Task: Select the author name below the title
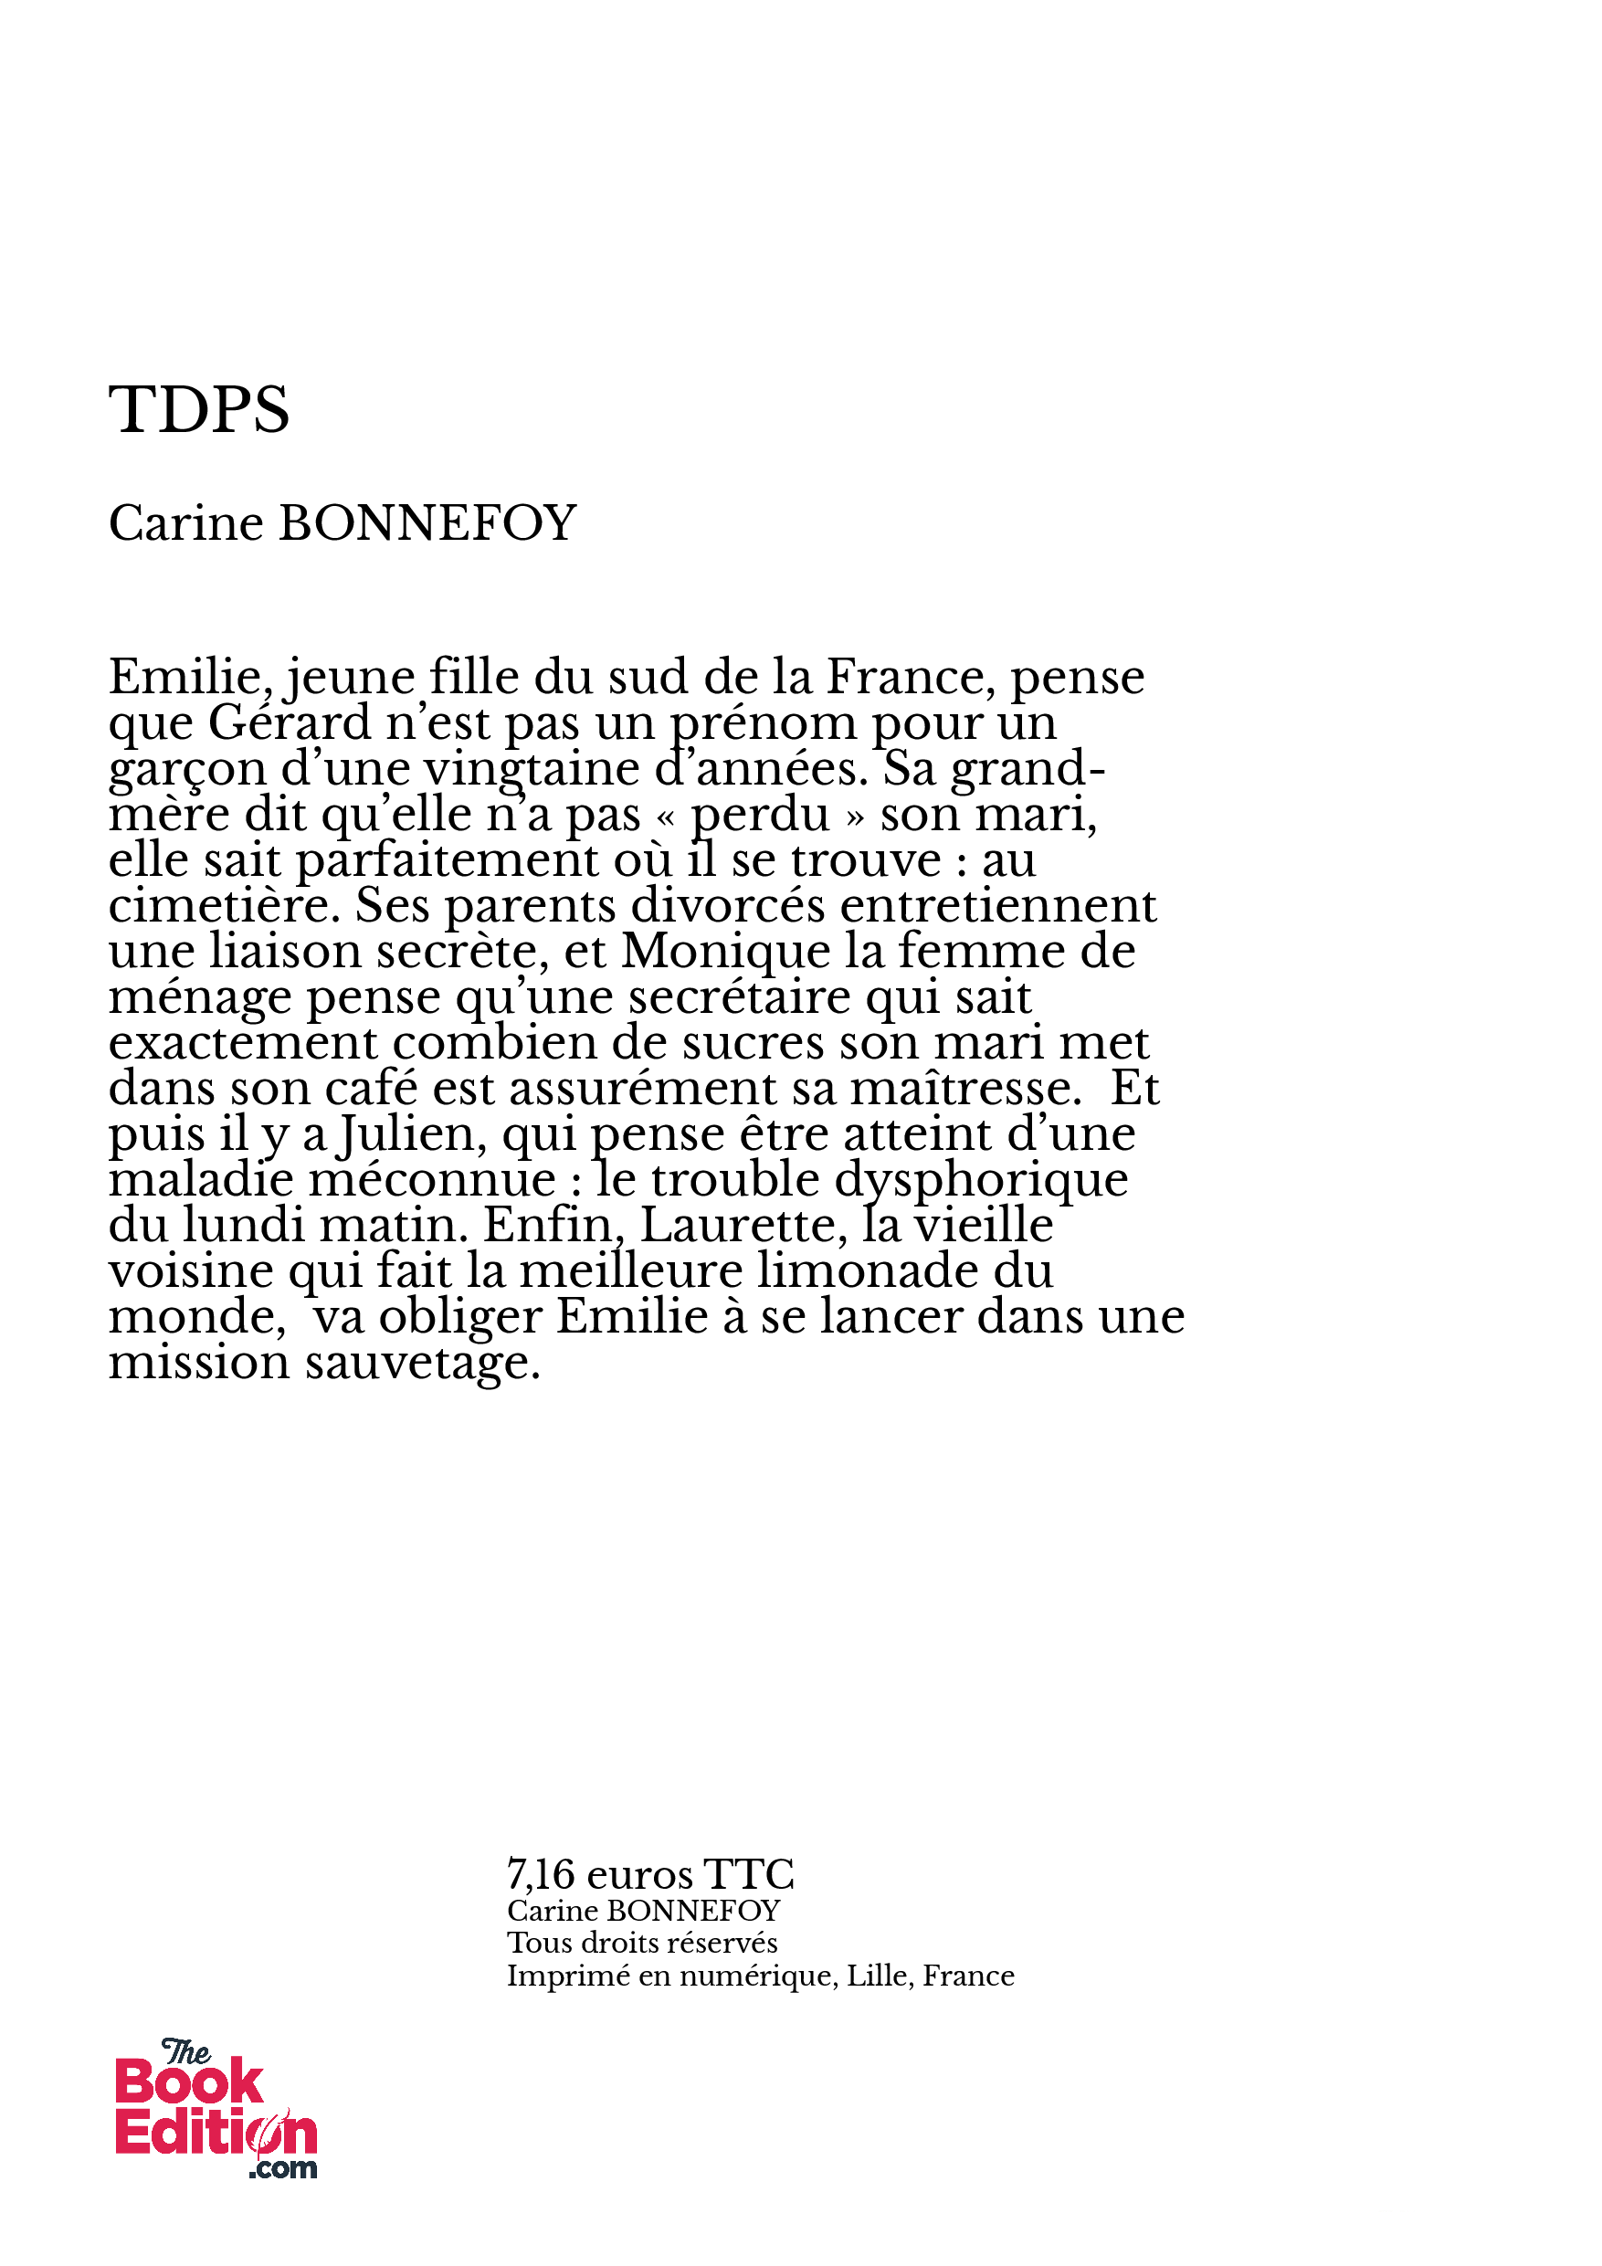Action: [342, 523]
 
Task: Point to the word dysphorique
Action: [981, 1180]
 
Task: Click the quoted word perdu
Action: [759, 816]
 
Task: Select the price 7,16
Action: [540, 1874]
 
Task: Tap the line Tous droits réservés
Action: [641, 1944]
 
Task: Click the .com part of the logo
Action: [283, 2168]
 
